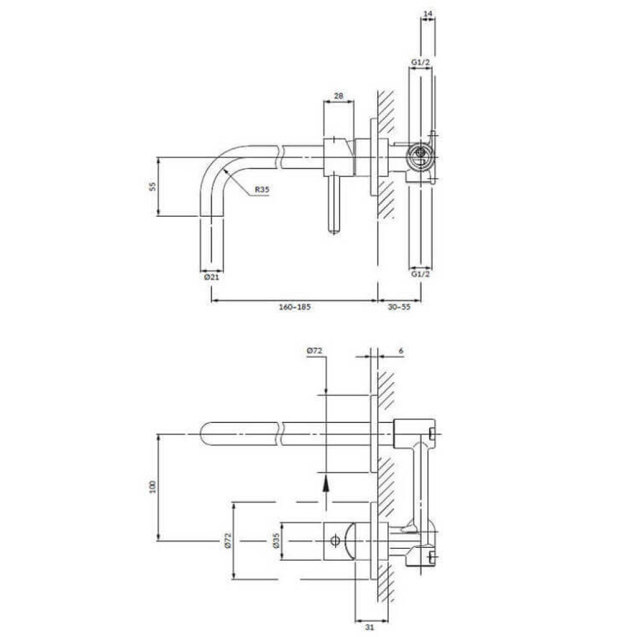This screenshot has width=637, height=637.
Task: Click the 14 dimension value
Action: click(x=428, y=14)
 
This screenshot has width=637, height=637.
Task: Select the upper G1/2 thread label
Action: click(x=420, y=62)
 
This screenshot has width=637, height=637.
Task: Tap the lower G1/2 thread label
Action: click(x=420, y=274)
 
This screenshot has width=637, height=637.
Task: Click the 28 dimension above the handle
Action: click(x=338, y=96)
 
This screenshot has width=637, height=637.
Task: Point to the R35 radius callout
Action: click(x=262, y=189)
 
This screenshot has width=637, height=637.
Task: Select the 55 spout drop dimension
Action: click(x=153, y=187)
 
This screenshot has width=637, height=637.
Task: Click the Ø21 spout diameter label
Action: click(x=211, y=277)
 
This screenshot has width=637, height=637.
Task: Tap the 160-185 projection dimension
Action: click(x=294, y=307)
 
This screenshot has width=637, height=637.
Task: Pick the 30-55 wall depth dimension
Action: click(x=399, y=307)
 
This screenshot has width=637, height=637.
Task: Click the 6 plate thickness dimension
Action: click(x=401, y=350)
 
